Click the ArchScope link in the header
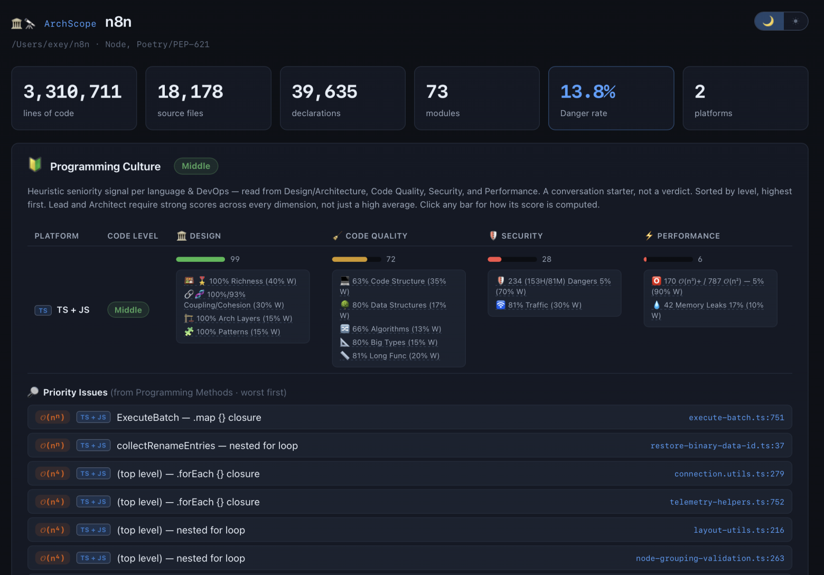click(70, 24)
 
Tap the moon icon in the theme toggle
click(768, 21)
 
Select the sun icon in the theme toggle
click(795, 21)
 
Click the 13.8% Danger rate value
click(587, 91)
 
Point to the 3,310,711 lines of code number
click(72, 91)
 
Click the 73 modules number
click(437, 91)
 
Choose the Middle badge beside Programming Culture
click(195, 166)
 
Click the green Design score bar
click(201, 259)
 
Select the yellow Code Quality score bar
click(350, 259)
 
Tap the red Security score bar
click(494, 259)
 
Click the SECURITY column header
click(522, 235)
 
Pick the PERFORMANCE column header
click(688, 235)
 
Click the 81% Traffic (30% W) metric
click(545, 305)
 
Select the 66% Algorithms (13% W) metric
click(397, 328)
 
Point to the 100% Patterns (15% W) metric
click(238, 332)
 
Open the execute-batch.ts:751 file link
click(736, 417)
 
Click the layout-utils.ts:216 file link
click(738, 530)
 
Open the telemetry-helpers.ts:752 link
click(727, 502)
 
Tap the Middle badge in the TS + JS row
click(128, 309)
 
